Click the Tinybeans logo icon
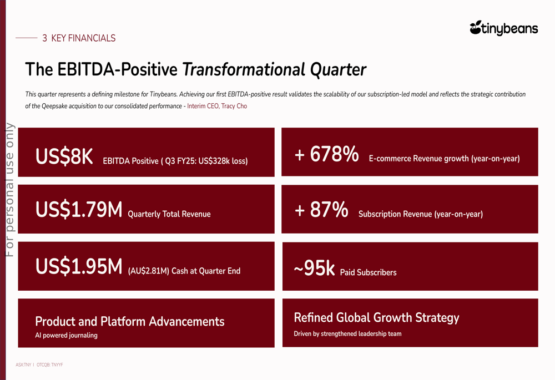pos(476,27)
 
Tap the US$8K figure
pos(64,157)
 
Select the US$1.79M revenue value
pos(78,210)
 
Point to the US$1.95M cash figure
pos(78,267)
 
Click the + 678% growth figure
pos(326,154)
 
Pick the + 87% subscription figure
pos(321,210)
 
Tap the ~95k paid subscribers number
pos(314,268)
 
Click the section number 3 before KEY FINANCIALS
pos(44,38)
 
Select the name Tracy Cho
pos(234,106)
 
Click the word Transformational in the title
pos(243,70)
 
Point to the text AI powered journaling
pos(66,335)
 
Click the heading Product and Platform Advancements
pos(129,321)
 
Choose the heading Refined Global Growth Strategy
pos(376,317)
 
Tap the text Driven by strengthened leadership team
pos(347,334)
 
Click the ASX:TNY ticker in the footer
pos(23,365)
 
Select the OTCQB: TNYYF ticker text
pos(50,365)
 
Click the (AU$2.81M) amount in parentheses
pos(148,271)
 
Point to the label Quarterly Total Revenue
pos(169,214)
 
